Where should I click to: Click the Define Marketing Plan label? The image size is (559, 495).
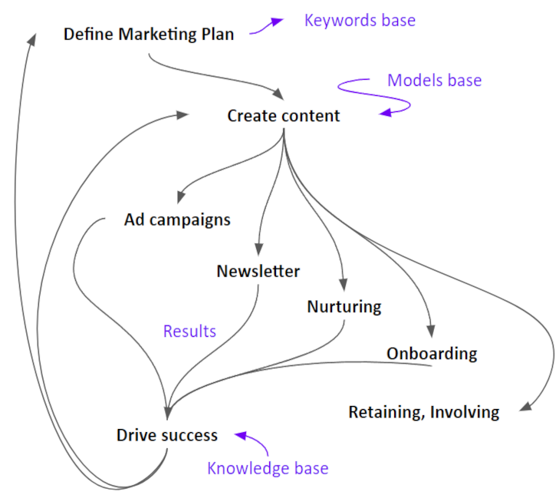coord(148,34)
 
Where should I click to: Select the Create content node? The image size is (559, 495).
coord(283,116)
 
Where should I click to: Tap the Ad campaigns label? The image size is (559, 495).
coord(177,219)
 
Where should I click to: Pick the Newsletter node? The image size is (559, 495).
coord(258,271)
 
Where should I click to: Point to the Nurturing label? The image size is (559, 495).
coord(344,306)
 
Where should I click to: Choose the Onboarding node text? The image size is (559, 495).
coord(431,354)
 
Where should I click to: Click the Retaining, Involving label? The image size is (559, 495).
coord(423,412)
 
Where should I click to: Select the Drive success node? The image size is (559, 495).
coord(166,435)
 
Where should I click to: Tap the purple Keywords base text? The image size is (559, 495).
coord(360,20)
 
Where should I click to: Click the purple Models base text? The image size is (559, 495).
coord(434,80)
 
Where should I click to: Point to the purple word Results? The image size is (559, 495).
coord(189,332)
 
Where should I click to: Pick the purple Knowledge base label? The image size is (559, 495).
coord(268,468)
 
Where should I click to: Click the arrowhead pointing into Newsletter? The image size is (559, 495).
coord(258,249)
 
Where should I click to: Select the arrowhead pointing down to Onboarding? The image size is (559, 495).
coord(430,331)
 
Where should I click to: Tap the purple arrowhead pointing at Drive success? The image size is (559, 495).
coord(240,436)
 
